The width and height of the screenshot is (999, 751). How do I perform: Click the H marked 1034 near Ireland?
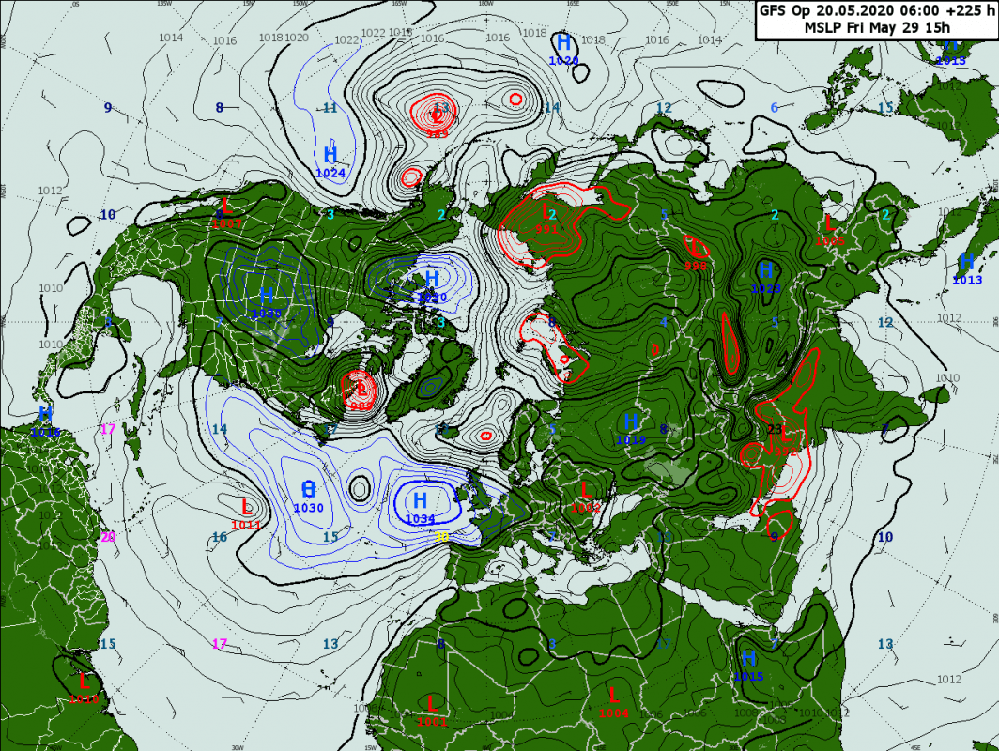(420, 500)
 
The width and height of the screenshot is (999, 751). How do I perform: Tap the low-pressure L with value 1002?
(584, 490)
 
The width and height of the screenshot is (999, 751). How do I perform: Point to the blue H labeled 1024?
(330, 155)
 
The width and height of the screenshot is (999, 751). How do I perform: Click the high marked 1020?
(563, 43)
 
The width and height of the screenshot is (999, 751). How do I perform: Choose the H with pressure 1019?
(631, 421)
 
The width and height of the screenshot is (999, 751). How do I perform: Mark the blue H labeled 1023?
(765, 271)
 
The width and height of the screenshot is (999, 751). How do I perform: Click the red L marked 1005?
(829, 223)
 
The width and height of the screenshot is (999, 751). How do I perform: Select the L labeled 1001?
(431, 703)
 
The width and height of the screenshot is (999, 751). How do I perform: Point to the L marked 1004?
(613, 696)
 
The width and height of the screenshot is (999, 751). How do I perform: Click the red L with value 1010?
(83, 682)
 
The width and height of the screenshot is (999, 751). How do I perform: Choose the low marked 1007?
(225, 206)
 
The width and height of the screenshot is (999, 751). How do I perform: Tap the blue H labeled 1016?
(45, 414)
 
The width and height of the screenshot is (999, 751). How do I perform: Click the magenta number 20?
(108, 537)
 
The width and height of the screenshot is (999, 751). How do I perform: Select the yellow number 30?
(441, 537)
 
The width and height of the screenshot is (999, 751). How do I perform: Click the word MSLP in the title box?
(823, 27)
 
